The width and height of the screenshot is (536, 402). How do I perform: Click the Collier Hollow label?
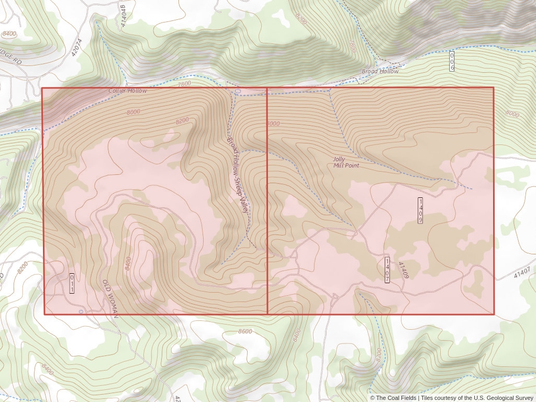(x=128, y=91)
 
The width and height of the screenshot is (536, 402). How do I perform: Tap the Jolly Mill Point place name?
(x=346, y=162)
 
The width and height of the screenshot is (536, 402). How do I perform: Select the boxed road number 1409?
(x=420, y=210)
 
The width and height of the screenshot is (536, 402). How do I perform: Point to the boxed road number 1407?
(x=387, y=270)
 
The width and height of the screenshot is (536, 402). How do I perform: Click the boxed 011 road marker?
(x=72, y=283)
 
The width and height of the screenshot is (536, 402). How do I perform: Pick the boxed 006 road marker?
(x=452, y=61)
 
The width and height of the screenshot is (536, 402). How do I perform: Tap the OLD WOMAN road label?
(x=111, y=297)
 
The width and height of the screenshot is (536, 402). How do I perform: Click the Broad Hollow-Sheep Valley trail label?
(x=237, y=173)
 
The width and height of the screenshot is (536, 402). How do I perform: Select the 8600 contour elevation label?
(x=244, y=331)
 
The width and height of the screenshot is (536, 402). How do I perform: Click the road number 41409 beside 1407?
(x=403, y=270)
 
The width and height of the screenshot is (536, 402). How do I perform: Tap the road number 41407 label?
(x=522, y=272)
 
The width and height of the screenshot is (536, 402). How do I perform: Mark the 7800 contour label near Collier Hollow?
(x=184, y=84)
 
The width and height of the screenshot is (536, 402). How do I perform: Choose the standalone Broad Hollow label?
(x=380, y=71)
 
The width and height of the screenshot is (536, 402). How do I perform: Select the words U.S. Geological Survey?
(x=503, y=398)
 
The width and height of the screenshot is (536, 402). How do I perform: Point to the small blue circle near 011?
(x=80, y=311)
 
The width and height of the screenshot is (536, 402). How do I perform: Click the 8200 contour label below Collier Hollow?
(x=182, y=120)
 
